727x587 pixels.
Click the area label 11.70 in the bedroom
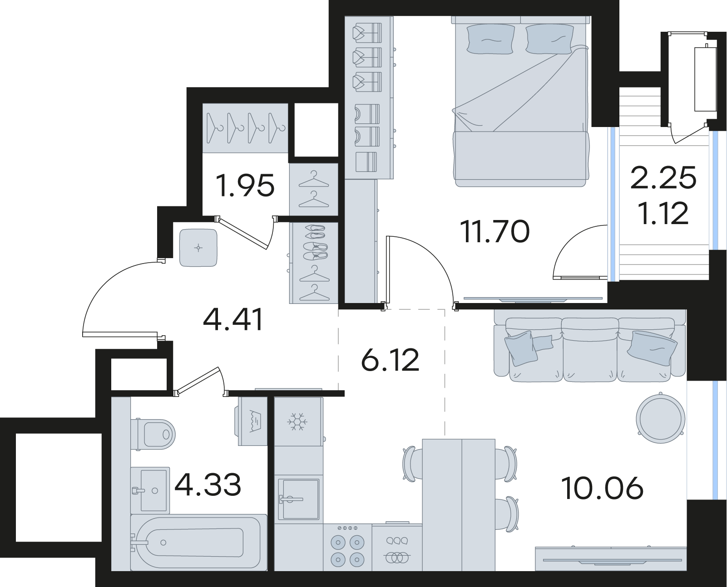point(495,232)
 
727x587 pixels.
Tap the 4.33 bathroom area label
point(208,485)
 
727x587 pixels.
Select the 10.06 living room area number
point(602,489)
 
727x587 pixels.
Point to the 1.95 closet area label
point(245,186)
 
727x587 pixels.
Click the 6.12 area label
point(390,360)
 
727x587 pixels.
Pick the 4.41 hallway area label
point(233,319)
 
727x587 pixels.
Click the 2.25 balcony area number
point(663,178)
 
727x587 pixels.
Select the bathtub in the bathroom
point(198,543)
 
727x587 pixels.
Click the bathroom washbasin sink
point(150,490)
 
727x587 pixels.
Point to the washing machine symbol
point(252,421)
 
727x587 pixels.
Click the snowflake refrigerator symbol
point(297,422)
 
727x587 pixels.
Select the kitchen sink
point(298,499)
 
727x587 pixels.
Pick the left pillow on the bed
point(491,39)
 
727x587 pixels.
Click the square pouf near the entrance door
point(198,248)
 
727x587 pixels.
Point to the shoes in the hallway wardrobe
point(316,241)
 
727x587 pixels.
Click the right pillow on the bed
point(549,39)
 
